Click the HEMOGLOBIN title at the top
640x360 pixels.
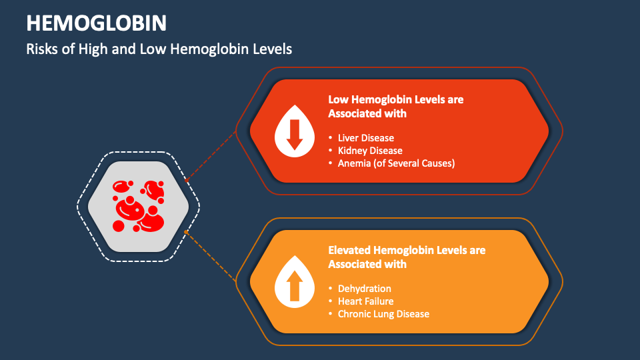96,23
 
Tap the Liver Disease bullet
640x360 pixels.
366,138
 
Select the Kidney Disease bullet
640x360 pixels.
370,151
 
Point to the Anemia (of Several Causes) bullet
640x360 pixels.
396,163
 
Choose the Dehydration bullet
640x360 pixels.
365,289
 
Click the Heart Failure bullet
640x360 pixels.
365,301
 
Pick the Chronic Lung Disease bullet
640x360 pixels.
383,314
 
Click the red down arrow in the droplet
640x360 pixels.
295,137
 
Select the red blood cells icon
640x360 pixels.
139,206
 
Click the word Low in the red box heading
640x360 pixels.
338,99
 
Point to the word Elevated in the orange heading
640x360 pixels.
349,250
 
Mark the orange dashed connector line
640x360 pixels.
212,257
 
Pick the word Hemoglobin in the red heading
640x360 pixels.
381,99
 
